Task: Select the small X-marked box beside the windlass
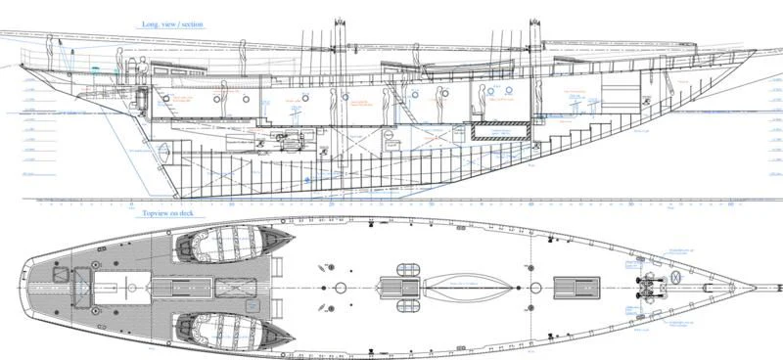(x=675, y=279)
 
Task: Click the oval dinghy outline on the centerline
(x=465, y=288)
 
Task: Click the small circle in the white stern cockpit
(x=127, y=288)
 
